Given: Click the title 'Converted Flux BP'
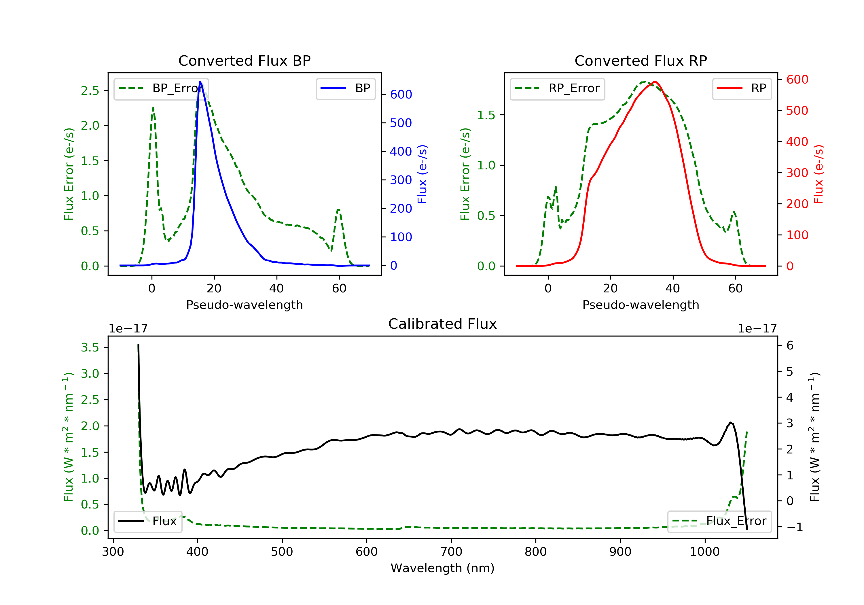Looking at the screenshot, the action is pyautogui.click(x=244, y=60).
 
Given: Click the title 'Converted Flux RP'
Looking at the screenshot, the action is pyautogui.click(x=641, y=60).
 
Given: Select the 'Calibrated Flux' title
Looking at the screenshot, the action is pyautogui.click(x=443, y=324).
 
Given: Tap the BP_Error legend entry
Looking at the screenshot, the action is pyautogui.click(x=161, y=88).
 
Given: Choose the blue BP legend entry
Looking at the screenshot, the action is pyautogui.click(x=345, y=88).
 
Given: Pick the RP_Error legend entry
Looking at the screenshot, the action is pyautogui.click(x=557, y=88).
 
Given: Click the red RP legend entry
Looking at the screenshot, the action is pyautogui.click(x=742, y=88).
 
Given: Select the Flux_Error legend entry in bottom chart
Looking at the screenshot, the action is pyautogui.click(x=719, y=521).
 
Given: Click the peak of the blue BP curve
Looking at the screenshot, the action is pyautogui.click(x=200, y=82).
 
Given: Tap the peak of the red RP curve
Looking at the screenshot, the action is pyautogui.click(x=655, y=82).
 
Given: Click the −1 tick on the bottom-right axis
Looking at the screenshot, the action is pyautogui.click(x=794, y=527).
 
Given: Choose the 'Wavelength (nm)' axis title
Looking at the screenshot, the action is pyautogui.click(x=443, y=568).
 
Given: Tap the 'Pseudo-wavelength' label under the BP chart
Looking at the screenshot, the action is pyautogui.click(x=245, y=305).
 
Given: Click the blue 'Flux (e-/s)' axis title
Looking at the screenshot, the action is pyautogui.click(x=422, y=174).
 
